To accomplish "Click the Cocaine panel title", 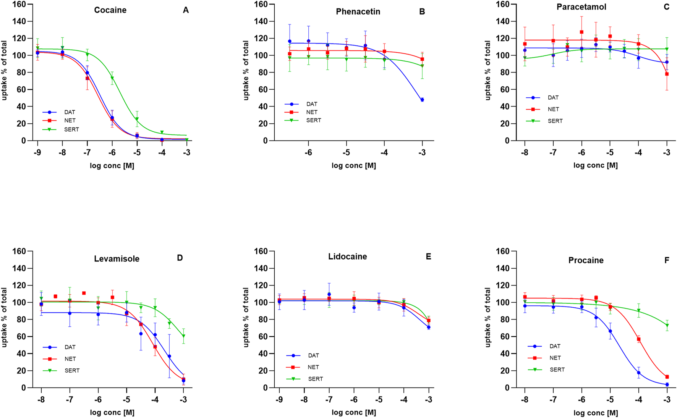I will point(110,10).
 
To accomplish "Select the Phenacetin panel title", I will point(358,12).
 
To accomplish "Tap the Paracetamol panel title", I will point(581,7).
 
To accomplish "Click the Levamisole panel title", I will point(117,259).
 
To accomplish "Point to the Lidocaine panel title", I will point(347,257).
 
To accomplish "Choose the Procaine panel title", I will point(586,260).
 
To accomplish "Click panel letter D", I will point(180,258).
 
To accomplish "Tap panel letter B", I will point(422,12).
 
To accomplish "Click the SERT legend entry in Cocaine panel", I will point(71,129).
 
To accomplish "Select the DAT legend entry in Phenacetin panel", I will point(311,104).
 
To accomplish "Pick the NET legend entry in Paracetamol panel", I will point(553,109).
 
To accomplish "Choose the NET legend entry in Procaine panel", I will point(555,358).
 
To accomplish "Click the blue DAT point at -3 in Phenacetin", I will point(422,100).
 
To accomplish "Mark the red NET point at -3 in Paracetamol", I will point(667,74).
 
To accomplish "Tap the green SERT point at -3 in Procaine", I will point(667,326).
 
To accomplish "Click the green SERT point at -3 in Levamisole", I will point(184,336).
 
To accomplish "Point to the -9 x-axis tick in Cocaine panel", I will point(37,153).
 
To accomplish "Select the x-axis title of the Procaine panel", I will point(595,413).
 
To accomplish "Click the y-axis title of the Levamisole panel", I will point(5,318).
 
